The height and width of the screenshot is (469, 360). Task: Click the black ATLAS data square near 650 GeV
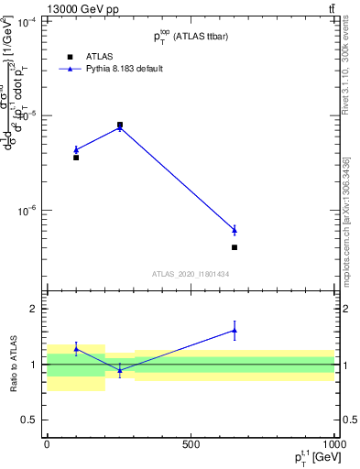[x=235, y=247]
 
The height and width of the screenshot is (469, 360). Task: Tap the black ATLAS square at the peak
[x=120, y=125]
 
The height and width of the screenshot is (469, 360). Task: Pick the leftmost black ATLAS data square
[x=76, y=158]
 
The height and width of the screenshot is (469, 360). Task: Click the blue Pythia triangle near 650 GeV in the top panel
[x=235, y=230]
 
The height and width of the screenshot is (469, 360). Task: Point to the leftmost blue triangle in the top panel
[x=76, y=149]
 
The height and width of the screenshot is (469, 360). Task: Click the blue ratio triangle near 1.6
[x=235, y=331]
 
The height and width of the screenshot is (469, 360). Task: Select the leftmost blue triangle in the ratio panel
[x=76, y=348]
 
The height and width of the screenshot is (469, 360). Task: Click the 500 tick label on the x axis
[x=191, y=443]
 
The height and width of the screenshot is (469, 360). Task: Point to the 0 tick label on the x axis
[x=47, y=443]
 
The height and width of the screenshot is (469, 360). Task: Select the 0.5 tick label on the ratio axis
[x=27, y=420]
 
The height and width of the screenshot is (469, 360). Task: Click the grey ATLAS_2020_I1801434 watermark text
[x=191, y=274]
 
